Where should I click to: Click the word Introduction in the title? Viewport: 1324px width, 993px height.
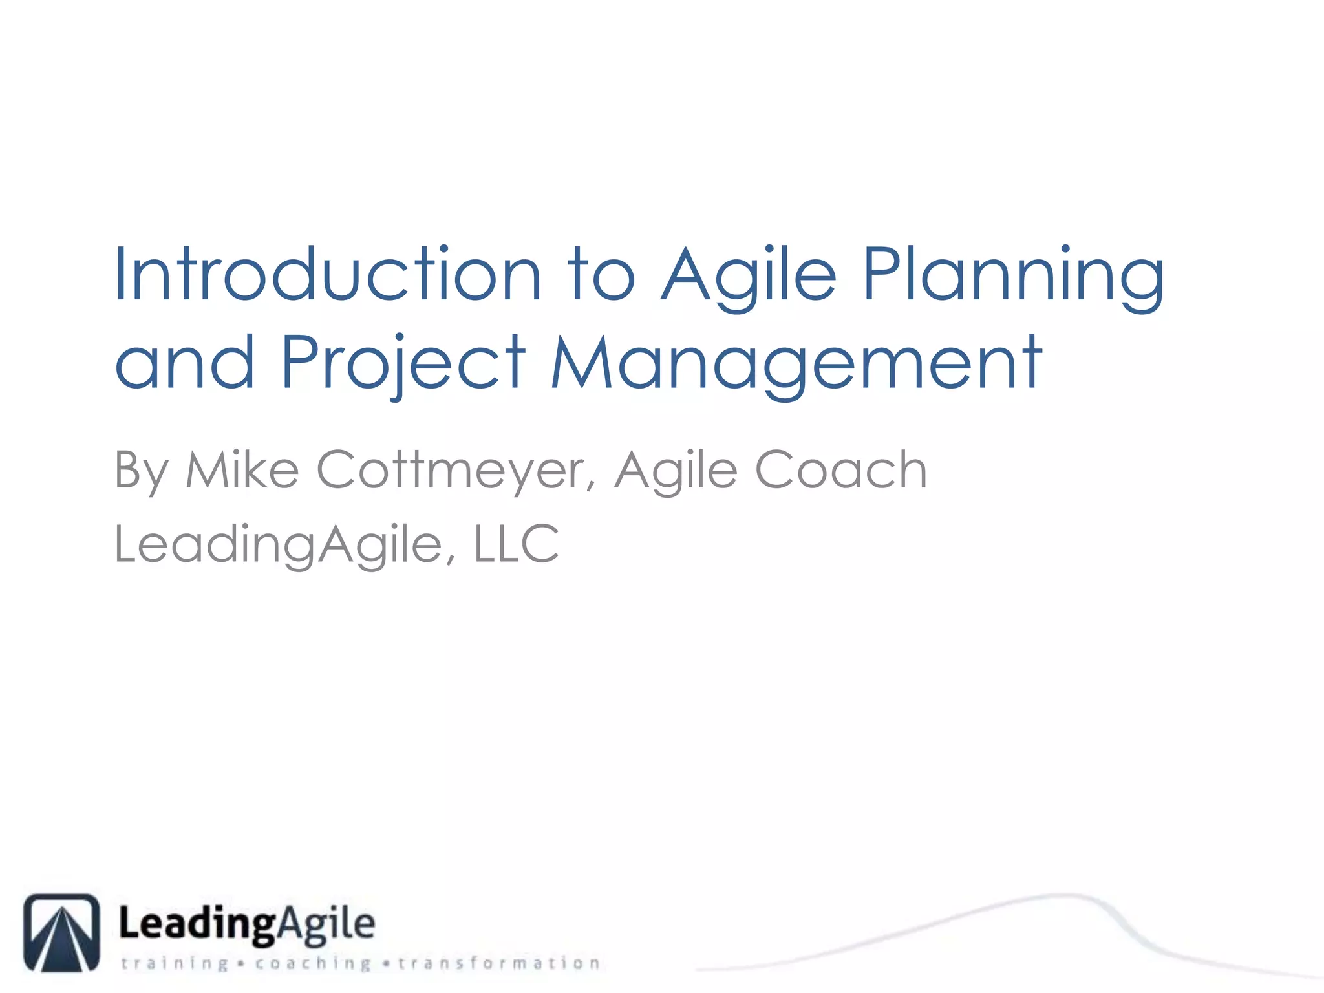(326, 275)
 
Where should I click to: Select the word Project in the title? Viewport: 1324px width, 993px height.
(403, 363)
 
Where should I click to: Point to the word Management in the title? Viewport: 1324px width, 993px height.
(796, 363)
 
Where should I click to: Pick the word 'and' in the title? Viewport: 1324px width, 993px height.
(185, 363)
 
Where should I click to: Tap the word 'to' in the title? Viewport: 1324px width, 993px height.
(601, 275)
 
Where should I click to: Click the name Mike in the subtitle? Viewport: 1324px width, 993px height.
(242, 470)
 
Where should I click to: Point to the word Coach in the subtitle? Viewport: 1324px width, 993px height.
(840, 470)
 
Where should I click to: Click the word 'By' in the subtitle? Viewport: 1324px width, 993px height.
(142, 470)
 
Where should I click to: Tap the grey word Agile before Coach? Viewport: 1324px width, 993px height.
(676, 470)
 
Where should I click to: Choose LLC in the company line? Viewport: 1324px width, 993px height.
(516, 544)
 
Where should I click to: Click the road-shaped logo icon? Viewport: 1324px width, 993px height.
(62, 932)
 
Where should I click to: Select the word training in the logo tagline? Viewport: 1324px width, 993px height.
(175, 964)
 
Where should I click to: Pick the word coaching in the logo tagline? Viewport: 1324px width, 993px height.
(313, 964)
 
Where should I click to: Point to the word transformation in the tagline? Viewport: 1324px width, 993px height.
(499, 964)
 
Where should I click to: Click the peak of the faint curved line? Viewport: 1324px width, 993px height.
(1060, 896)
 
